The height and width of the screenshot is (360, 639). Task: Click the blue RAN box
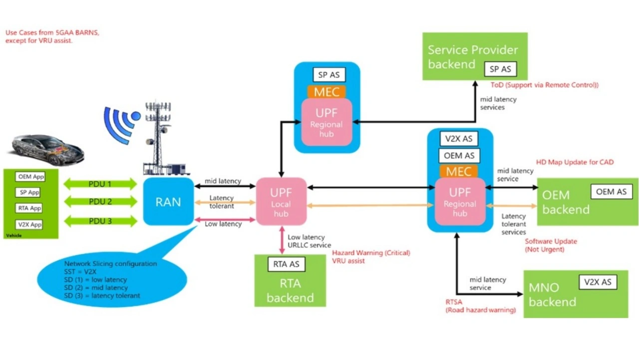(168, 201)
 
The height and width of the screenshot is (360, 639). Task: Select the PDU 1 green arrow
(100, 184)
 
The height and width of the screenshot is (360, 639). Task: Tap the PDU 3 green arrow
(100, 221)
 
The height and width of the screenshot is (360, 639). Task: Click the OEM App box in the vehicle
(30, 177)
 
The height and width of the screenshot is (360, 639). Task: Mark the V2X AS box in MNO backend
(598, 282)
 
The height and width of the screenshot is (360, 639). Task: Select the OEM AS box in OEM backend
(611, 191)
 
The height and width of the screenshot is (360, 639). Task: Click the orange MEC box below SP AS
(326, 92)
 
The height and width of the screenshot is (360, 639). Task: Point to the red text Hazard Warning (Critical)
(371, 253)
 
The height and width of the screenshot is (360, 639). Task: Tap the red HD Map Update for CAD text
(575, 162)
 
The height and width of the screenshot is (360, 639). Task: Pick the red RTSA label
(455, 302)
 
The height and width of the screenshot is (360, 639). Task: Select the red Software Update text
(551, 242)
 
